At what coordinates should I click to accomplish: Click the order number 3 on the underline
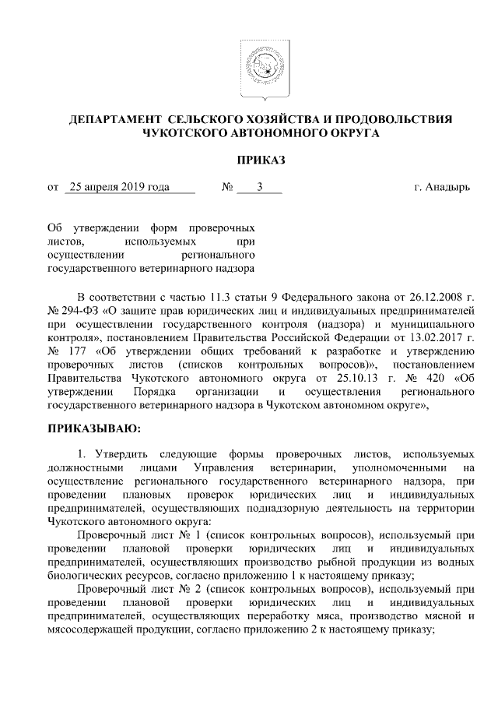click(259, 188)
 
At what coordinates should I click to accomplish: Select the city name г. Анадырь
click(441, 188)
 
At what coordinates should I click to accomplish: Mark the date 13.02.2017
click(424, 338)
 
